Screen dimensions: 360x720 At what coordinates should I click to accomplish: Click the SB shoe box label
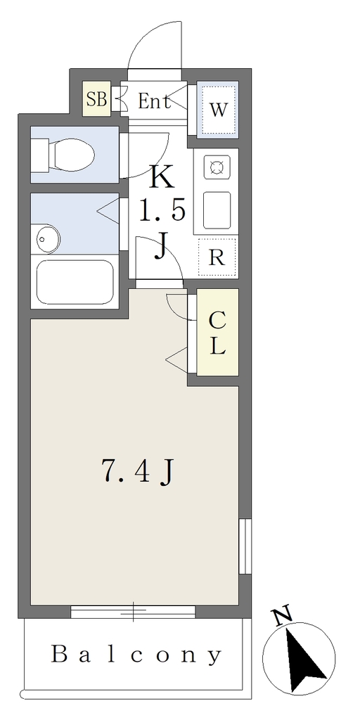pos(96,99)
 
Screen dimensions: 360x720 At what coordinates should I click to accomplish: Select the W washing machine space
pos(218,110)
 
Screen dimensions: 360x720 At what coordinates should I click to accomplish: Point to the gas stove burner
pos(217,167)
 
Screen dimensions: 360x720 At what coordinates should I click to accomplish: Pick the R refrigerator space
pos(217,258)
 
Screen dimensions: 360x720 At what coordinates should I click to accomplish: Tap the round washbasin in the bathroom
pos(49,239)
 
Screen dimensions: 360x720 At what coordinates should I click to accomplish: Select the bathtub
pos(75,283)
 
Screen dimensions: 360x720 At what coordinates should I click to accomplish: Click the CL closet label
pos(218,333)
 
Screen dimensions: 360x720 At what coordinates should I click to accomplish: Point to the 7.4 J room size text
pos(137,472)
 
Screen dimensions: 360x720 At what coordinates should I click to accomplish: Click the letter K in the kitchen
pos(163,176)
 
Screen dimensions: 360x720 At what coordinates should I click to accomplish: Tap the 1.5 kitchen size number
pos(162,211)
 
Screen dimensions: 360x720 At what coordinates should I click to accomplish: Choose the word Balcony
pos(136,655)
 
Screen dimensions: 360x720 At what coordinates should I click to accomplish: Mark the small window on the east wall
pos(245,546)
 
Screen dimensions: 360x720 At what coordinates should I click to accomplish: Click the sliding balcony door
pos(133,612)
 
